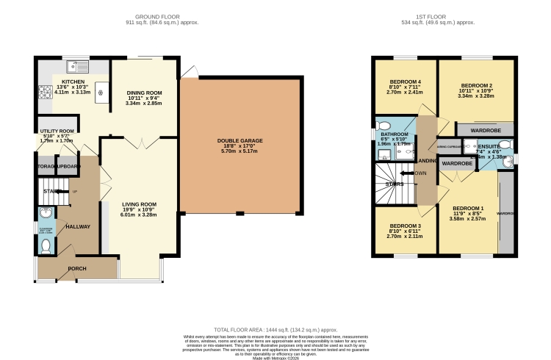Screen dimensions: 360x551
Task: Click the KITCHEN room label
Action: [73, 82]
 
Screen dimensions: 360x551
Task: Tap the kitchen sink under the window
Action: [74, 65]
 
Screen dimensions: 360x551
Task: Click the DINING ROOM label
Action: [143, 92]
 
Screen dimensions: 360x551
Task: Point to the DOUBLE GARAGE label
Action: [240, 141]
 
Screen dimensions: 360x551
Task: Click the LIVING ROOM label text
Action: [139, 204]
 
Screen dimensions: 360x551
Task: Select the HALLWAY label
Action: [77, 227]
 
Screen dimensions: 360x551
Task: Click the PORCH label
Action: [78, 268]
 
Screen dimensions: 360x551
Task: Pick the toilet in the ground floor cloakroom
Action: [46, 244]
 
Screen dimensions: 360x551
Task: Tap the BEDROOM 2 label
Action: [475, 86]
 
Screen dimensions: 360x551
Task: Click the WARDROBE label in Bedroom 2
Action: [484, 129]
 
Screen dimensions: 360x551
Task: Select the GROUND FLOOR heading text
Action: [156, 16]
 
